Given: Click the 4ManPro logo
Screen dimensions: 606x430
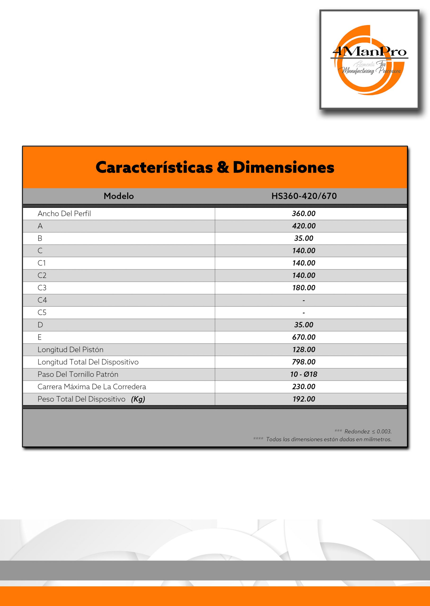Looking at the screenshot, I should (369, 60).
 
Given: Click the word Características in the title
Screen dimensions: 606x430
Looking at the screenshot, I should (154, 167).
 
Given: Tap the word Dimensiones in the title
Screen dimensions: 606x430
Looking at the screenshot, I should (283, 167).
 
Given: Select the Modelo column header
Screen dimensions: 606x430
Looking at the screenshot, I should (119, 196).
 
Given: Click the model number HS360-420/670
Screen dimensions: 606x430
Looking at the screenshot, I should (304, 196).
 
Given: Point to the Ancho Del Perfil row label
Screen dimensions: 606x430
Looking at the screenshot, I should (64, 214).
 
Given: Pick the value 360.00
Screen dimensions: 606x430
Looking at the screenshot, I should (304, 214).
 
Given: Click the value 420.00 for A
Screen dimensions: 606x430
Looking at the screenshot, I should (304, 226).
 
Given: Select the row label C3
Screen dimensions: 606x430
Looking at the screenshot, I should (42, 288).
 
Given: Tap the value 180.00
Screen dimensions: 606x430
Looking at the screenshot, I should (304, 288).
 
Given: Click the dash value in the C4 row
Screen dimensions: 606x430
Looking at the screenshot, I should (304, 300).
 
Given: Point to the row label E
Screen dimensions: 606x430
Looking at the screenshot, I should (40, 337).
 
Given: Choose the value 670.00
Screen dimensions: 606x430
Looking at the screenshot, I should (304, 337).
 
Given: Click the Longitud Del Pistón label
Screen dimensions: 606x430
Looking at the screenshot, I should (71, 350).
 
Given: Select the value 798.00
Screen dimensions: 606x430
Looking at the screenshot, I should (304, 362).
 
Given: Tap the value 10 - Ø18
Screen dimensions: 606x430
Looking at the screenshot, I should (304, 374).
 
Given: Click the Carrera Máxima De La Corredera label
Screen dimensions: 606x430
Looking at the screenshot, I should (92, 387).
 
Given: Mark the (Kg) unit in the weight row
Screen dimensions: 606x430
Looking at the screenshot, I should (138, 399).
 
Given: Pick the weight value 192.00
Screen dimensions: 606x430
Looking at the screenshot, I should (304, 399).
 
